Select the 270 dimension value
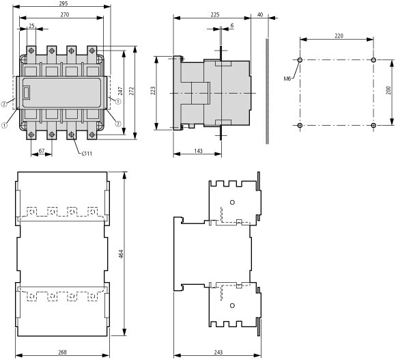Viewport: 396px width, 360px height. (x=65, y=14)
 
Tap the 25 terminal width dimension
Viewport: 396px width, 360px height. (x=31, y=26)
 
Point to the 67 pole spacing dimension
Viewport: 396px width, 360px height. (x=42, y=151)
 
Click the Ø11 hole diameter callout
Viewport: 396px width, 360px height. (x=87, y=153)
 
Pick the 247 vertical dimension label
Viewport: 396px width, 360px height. (x=120, y=92)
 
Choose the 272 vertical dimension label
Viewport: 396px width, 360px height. (x=131, y=92)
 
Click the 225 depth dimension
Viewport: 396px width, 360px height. (x=214, y=14)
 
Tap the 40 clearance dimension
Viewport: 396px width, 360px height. (x=260, y=14)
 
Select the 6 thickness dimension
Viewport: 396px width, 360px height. (x=232, y=25)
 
